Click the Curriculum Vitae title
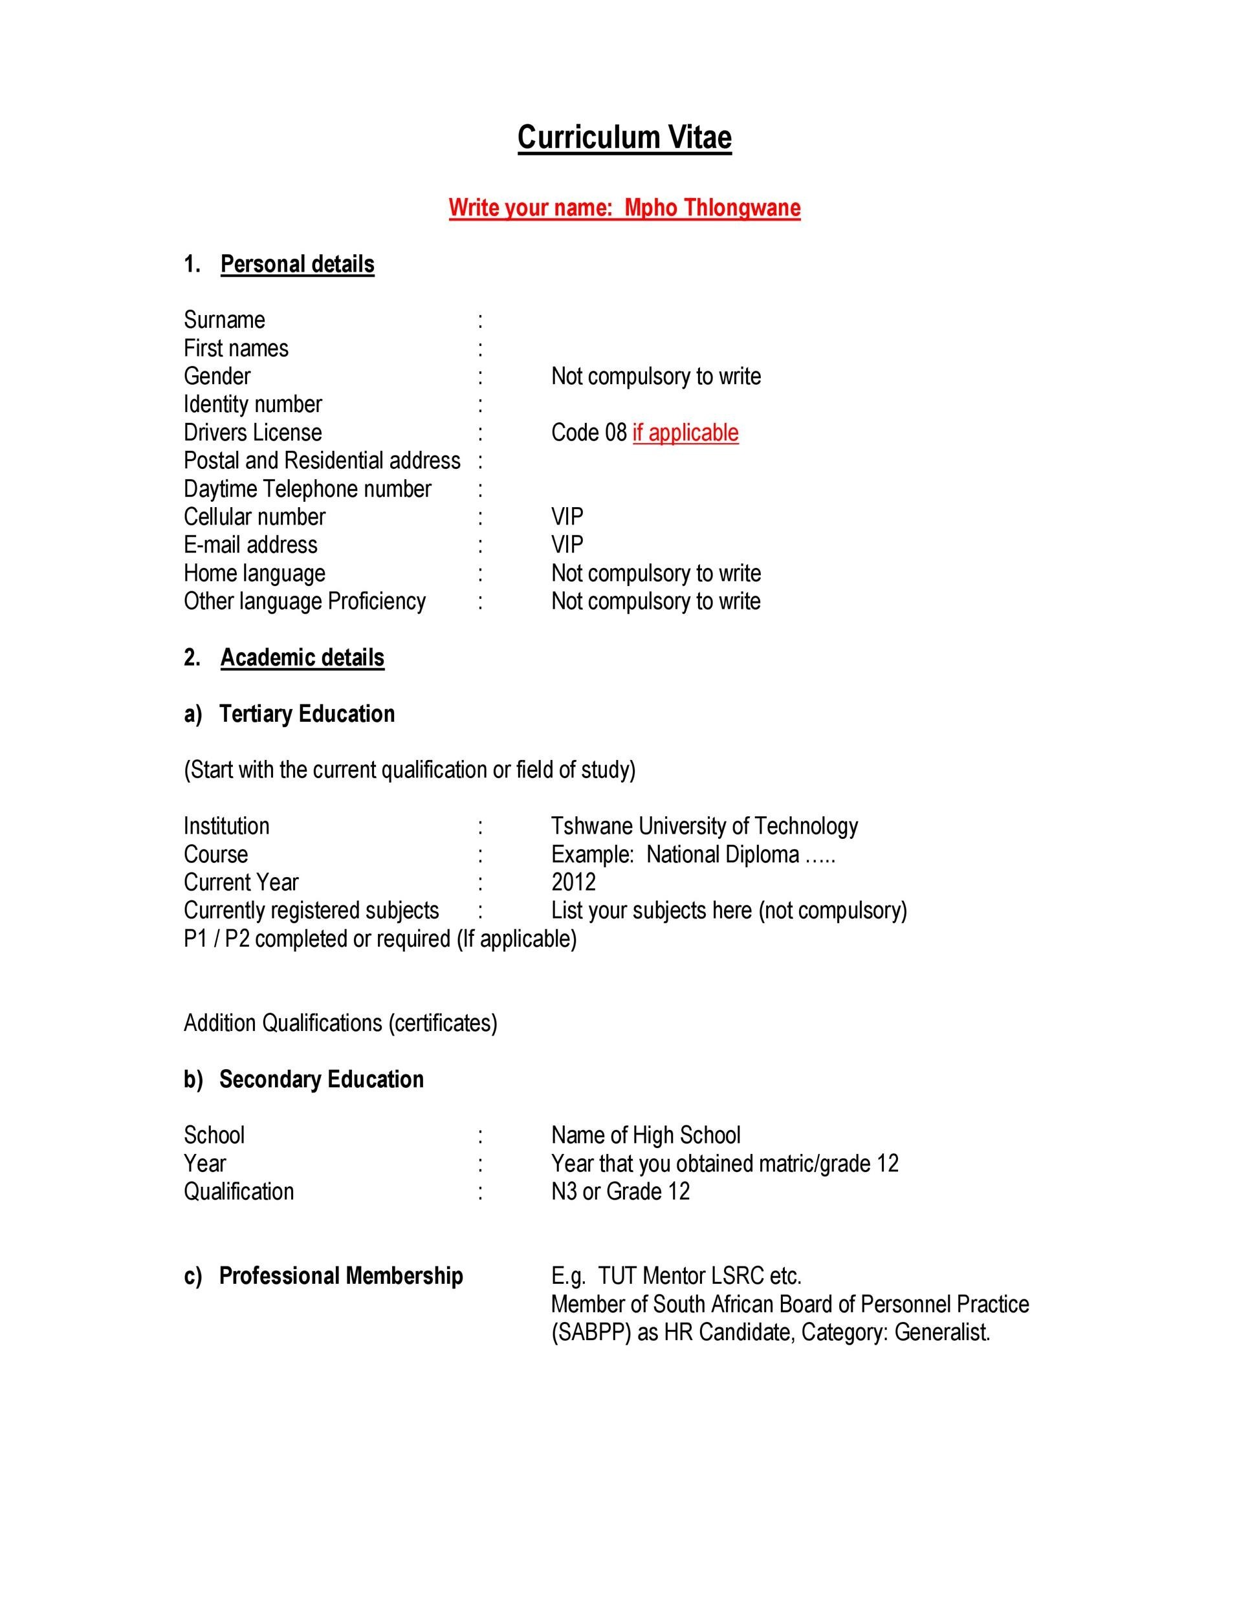(624, 138)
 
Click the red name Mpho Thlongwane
(712, 208)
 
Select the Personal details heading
(297, 265)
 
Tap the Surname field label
(225, 320)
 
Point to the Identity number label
(252, 404)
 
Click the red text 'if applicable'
(685, 432)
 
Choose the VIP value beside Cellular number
(567, 517)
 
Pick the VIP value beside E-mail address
(567, 545)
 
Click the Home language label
(254, 573)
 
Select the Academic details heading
(302, 657)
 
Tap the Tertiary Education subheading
(307, 713)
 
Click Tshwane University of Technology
(704, 826)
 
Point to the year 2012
(573, 882)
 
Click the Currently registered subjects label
(311, 911)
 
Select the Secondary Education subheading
(322, 1080)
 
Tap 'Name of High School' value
(646, 1136)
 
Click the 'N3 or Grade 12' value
(620, 1192)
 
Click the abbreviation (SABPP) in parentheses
(591, 1332)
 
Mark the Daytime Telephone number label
(307, 488)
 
